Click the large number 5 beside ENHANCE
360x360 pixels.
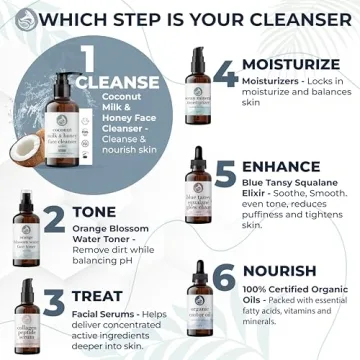click(224, 173)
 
